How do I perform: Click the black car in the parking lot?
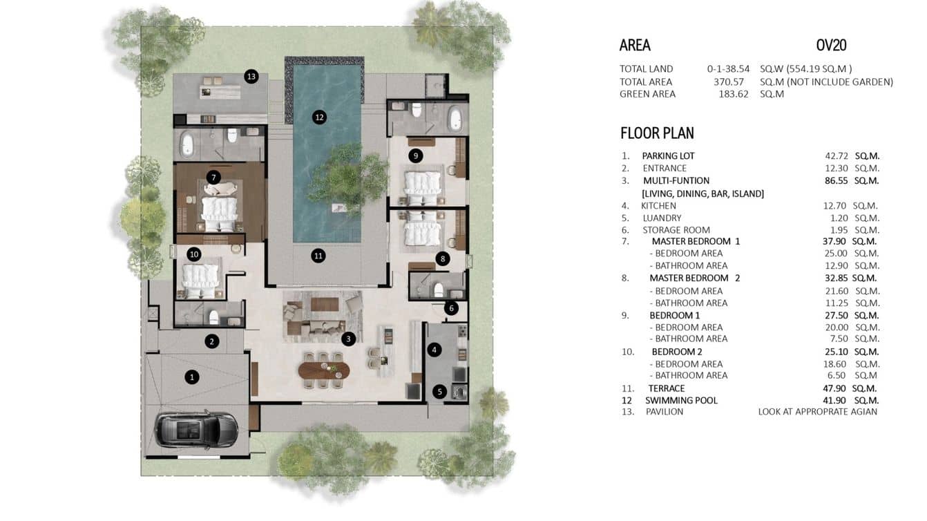pyautogui.click(x=197, y=430)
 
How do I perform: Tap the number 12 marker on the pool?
pyautogui.click(x=318, y=117)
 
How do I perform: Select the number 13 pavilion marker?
pyautogui.click(x=251, y=77)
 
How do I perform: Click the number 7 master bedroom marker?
pyautogui.click(x=213, y=178)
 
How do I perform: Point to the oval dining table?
pyautogui.click(x=324, y=369)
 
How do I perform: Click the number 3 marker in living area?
pyautogui.click(x=349, y=339)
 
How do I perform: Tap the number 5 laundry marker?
pyautogui.click(x=439, y=391)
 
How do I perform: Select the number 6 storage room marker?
pyautogui.click(x=451, y=308)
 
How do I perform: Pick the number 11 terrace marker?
pyautogui.click(x=318, y=256)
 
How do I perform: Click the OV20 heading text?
pyautogui.click(x=831, y=46)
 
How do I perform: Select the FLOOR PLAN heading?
pyautogui.click(x=657, y=133)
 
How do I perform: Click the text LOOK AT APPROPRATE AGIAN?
pyautogui.click(x=817, y=412)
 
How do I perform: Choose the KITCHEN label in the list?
pyautogui.click(x=658, y=206)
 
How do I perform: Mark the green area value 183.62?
pyautogui.click(x=734, y=94)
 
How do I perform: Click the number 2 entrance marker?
pyautogui.click(x=212, y=341)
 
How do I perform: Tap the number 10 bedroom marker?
pyautogui.click(x=194, y=254)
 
